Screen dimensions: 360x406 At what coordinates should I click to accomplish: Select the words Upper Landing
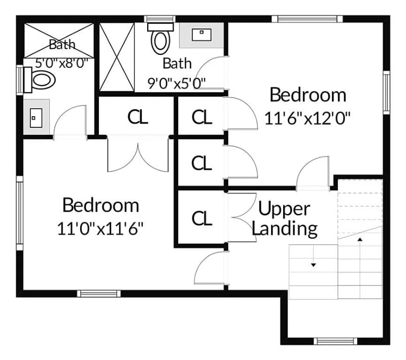click(x=284, y=219)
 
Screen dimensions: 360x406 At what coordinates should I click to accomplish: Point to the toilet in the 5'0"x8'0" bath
click(x=41, y=80)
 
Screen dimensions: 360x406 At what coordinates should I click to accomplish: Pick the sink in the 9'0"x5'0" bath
click(x=201, y=35)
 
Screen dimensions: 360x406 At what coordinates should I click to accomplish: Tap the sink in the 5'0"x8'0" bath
click(x=36, y=117)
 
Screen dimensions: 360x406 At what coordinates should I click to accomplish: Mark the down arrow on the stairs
click(x=314, y=265)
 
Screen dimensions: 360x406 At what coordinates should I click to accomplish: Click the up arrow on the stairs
click(x=360, y=239)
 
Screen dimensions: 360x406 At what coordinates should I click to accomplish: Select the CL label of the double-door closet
click(x=138, y=117)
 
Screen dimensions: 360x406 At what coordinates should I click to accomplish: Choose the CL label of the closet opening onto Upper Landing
click(x=201, y=218)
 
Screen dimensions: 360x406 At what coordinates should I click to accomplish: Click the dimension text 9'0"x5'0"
click(x=177, y=83)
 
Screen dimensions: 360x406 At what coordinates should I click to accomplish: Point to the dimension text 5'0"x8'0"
click(x=62, y=63)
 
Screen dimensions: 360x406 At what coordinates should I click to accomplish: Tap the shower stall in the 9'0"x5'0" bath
click(x=116, y=56)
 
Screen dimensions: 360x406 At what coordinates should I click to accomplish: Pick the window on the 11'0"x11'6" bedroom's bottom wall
click(x=99, y=293)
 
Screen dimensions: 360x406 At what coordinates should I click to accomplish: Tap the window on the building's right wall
click(x=386, y=93)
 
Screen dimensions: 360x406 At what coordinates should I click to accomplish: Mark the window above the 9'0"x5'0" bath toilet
click(x=161, y=19)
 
